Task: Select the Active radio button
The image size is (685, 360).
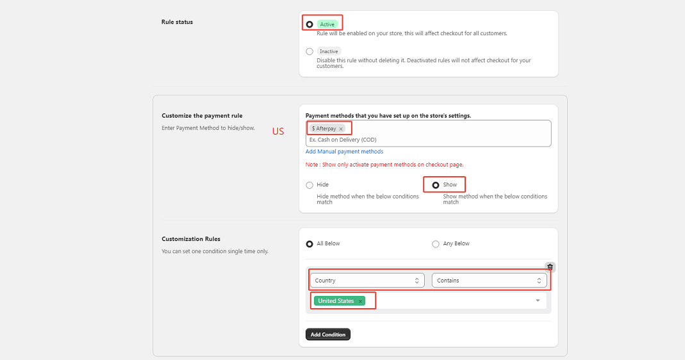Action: point(309,24)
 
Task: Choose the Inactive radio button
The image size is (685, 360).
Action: point(309,51)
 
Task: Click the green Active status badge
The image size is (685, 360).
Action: point(327,24)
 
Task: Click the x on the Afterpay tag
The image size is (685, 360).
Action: point(341,129)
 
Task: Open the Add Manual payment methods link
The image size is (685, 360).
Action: point(344,152)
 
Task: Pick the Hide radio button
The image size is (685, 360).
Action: point(309,185)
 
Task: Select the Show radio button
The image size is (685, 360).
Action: point(436,185)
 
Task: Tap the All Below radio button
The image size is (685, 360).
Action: point(309,244)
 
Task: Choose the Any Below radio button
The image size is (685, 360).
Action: point(436,244)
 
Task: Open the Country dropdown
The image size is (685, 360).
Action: point(367,281)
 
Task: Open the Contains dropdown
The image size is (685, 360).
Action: point(490,281)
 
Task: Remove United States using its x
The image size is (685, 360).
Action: point(360,301)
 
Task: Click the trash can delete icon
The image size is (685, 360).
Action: point(550,267)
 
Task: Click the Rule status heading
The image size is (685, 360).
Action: point(177,22)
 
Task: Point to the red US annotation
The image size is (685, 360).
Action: point(278,131)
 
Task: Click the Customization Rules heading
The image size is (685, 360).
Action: point(191,239)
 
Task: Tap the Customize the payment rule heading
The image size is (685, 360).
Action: point(202,116)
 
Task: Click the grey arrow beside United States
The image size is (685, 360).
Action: point(538,300)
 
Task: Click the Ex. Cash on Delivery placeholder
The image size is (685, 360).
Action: point(343,140)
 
